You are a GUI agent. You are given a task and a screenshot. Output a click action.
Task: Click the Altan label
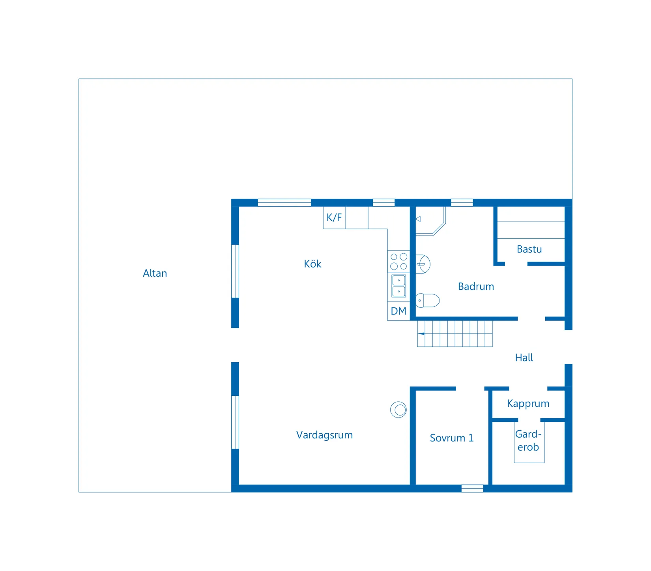click(x=155, y=273)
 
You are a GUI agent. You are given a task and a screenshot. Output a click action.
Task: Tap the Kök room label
click(x=312, y=264)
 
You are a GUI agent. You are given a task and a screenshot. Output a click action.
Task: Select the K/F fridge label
click(x=334, y=217)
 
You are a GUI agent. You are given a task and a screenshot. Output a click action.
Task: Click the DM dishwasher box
click(x=398, y=311)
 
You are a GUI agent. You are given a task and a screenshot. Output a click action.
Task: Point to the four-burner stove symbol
click(x=398, y=262)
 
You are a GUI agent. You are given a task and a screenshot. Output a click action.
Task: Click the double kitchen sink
click(x=398, y=286)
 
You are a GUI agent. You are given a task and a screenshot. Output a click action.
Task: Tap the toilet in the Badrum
click(x=427, y=300)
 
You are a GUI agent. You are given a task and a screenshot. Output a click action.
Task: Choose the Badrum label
click(x=476, y=286)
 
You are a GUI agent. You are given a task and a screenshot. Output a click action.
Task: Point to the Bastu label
click(x=529, y=249)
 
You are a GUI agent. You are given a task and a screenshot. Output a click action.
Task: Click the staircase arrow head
click(x=421, y=334)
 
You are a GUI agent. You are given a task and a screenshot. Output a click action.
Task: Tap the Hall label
click(x=524, y=358)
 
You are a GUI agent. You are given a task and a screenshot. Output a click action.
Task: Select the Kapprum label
click(x=528, y=404)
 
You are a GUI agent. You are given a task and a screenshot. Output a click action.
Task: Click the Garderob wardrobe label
click(x=528, y=440)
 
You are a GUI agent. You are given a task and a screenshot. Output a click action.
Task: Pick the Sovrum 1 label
click(x=452, y=438)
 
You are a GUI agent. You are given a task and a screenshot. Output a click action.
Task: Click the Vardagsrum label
click(x=324, y=435)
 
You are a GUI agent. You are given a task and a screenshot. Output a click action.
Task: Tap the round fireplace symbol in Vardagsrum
click(x=398, y=410)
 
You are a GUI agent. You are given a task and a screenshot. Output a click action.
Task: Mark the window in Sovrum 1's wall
click(x=472, y=489)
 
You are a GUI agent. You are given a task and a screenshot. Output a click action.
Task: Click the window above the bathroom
click(x=462, y=203)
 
